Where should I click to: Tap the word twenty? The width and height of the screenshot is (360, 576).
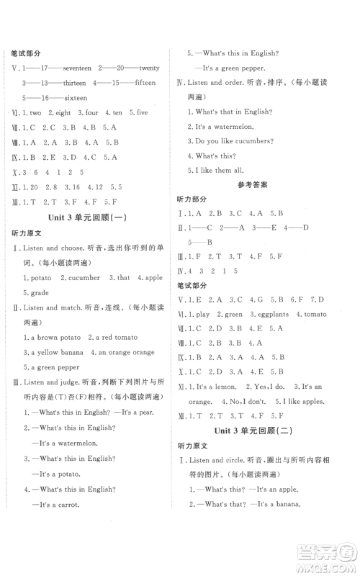point(149,68)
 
